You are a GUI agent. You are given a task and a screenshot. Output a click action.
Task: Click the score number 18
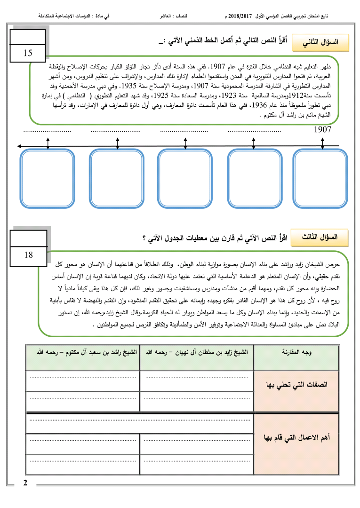click(x=28, y=254)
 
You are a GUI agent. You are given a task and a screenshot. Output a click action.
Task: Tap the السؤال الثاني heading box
click(x=321, y=42)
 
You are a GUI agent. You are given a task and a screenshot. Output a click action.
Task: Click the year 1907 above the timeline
click(x=323, y=129)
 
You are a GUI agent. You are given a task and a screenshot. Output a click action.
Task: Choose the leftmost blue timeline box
click(x=48, y=178)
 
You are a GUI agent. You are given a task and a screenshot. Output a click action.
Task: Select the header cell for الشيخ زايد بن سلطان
click(x=196, y=352)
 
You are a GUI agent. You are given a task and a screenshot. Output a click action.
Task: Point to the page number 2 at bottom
click(x=25, y=483)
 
